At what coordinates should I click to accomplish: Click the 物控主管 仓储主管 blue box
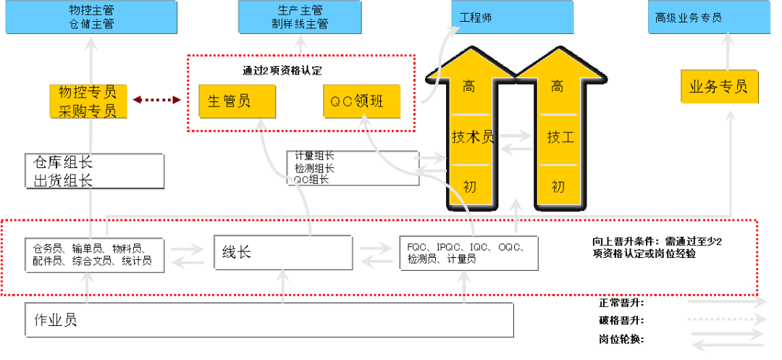91,17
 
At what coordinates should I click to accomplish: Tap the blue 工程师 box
513,17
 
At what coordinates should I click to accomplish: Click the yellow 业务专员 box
718,87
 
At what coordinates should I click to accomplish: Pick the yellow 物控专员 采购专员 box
88,101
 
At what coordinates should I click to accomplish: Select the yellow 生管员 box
237,101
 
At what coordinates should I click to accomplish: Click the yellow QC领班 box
361,101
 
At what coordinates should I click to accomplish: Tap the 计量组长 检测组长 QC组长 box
353,167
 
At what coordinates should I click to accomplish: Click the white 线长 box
282,252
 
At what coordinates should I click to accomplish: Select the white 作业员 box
269,320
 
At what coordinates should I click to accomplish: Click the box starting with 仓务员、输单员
93,254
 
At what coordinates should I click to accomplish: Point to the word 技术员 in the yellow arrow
472,137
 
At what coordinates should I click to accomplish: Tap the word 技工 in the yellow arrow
560,137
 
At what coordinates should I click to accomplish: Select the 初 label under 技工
558,186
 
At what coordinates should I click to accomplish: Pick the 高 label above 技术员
469,88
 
